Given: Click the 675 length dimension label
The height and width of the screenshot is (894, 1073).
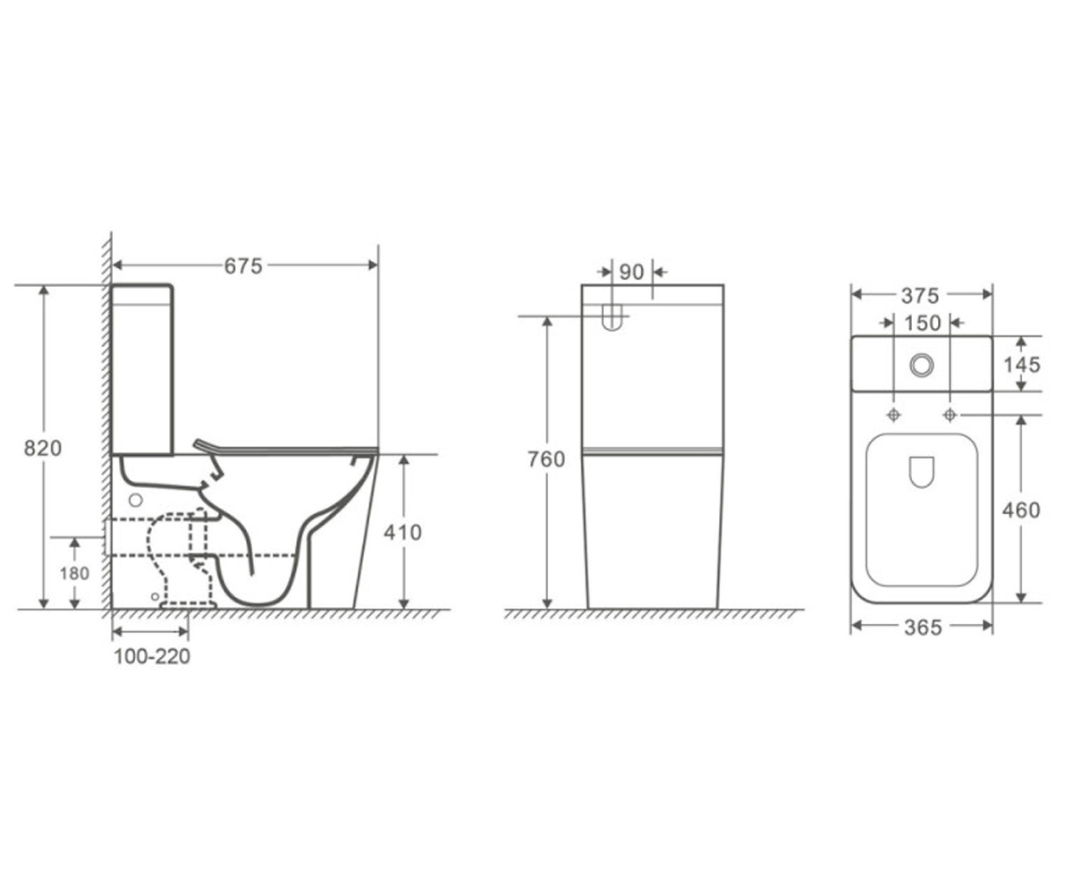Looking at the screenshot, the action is click(243, 266).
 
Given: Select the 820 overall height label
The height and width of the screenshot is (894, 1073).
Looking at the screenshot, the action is click(43, 448).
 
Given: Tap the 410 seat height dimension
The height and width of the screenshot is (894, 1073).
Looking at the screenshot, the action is click(403, 532).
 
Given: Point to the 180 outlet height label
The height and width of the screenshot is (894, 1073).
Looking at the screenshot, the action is click(74, 573).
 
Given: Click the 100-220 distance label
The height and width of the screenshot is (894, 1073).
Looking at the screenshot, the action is click(152, 656).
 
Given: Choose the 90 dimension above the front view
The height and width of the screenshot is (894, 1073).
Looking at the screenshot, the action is click(631, 273).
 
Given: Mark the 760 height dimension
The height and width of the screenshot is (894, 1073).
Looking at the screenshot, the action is click(546, 459).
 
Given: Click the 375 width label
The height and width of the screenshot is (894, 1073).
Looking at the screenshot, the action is click(920, 295).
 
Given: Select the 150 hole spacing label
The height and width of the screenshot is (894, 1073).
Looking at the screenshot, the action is click(923, 323).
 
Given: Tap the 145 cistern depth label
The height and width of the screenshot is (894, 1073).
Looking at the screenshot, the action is click(1022, 365).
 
